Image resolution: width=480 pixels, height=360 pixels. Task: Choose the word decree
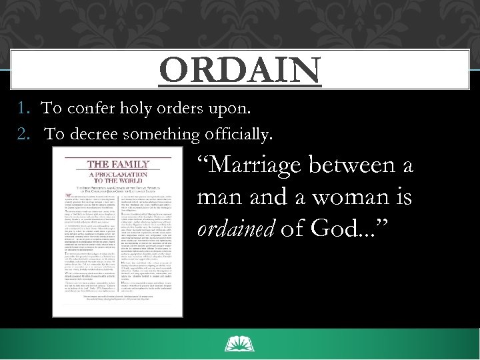pyautogui.click(x=97, y=134)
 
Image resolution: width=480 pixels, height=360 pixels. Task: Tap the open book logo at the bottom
pyautogui.click(x=240, y=344)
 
